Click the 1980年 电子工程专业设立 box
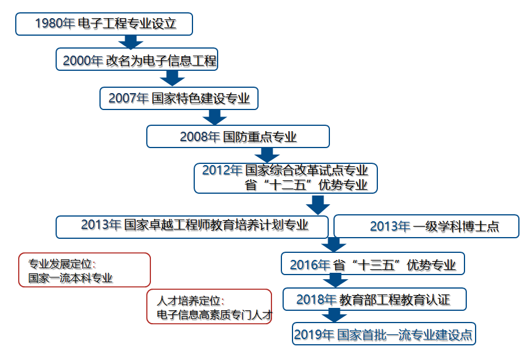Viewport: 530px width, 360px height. coord(104,24)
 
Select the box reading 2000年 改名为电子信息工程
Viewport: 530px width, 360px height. coord(137,59)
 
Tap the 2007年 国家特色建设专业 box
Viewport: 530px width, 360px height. coord(179,98)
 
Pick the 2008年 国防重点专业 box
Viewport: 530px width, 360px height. coord(238,136)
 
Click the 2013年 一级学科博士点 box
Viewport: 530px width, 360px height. coord(426,226)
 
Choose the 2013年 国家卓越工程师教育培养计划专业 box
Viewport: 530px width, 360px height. coord(192,227)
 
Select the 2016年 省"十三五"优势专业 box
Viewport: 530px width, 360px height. coord(373,263)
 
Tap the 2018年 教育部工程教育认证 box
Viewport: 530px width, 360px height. coord(374,299)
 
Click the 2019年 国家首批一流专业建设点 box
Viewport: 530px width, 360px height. coord(384,334)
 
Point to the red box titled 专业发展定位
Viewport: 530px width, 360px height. coord(84,270)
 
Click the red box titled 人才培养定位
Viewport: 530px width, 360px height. coord(209,307)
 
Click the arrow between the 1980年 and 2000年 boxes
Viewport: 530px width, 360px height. coord(131,42)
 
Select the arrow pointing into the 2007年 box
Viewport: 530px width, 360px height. coord(172,78)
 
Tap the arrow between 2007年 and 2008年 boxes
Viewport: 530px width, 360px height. coord(215,117)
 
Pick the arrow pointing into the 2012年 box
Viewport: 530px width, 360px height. coord(267,155)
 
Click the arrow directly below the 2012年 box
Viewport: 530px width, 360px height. coord(318,205)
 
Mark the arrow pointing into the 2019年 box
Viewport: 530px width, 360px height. coord(334,316)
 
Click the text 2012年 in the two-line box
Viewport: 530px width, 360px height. coord(222,170)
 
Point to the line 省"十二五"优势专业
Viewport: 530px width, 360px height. coord(306,185)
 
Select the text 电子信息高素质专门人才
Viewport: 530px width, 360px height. coord(215,315)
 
